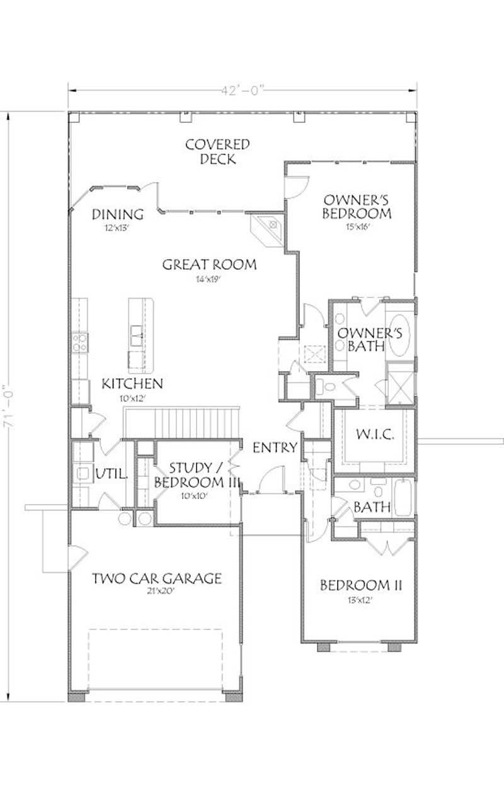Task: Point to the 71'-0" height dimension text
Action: pos(8,407)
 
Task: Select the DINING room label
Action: pos(118,214)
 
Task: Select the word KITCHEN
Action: pos(133,383)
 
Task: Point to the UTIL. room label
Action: pos(111,474)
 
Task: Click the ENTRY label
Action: pos(275,448)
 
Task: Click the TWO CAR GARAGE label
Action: pos(157,578)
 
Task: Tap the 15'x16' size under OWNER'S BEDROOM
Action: pos(355,227)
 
